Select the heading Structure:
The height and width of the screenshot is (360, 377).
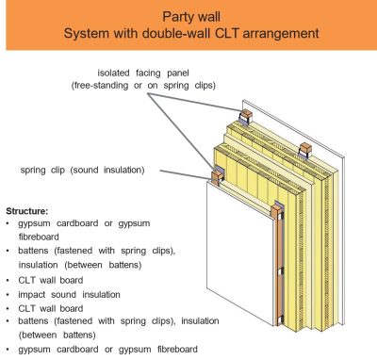click(31, 209)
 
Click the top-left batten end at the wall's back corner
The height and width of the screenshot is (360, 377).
click(247, 120)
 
